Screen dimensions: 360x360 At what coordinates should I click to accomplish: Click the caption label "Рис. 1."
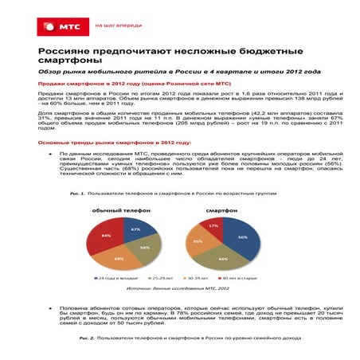(78, 194)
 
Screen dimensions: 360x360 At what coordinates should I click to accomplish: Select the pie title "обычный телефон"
(113, 210)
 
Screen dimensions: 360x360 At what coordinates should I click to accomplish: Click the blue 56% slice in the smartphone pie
(243, 239)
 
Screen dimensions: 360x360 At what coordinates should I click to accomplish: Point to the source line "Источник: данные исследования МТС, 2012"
(178, 291)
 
